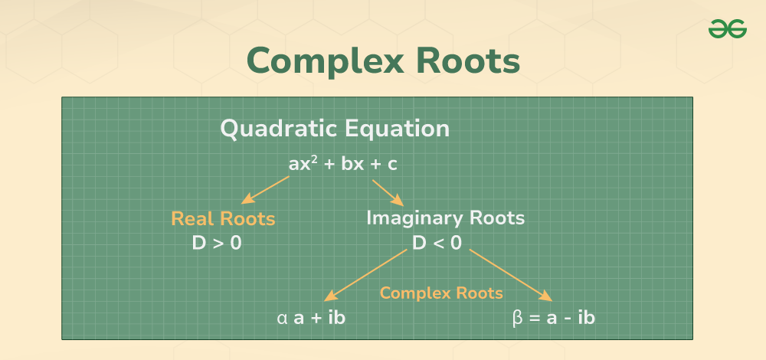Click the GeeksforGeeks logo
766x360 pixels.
727,28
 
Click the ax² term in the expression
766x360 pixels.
303,164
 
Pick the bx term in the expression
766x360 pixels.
352,164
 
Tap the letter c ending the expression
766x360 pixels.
392,164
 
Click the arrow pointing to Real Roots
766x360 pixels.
265,189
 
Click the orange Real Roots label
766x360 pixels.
223,219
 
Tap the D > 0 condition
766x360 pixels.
217,244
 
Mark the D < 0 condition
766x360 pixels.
437,244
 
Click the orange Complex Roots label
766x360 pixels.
441,293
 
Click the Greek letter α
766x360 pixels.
282,317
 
